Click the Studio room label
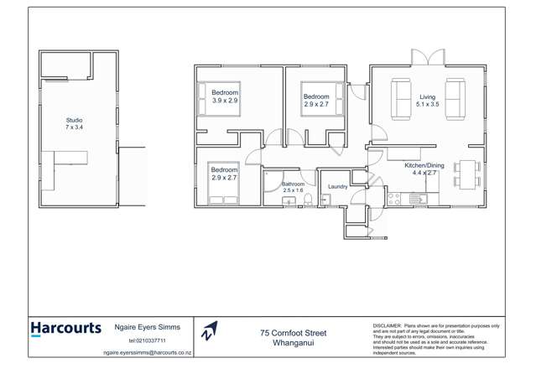[x=75, y=121]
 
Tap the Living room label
[x=428, y=97]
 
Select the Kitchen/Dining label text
[x=424, y=166]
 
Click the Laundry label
[x=338, y=187]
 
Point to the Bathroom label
[x=293, y=184]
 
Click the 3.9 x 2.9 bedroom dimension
[x=225, y=101]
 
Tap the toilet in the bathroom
[x=308, y=199]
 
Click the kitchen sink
[x=416, y=200]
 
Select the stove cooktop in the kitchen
[x=393, y=200]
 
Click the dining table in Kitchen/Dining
[x=467, y=173]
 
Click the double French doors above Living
[x=426, y=59]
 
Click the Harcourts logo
[x=65, y=329]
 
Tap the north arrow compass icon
[x=210, y=331]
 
